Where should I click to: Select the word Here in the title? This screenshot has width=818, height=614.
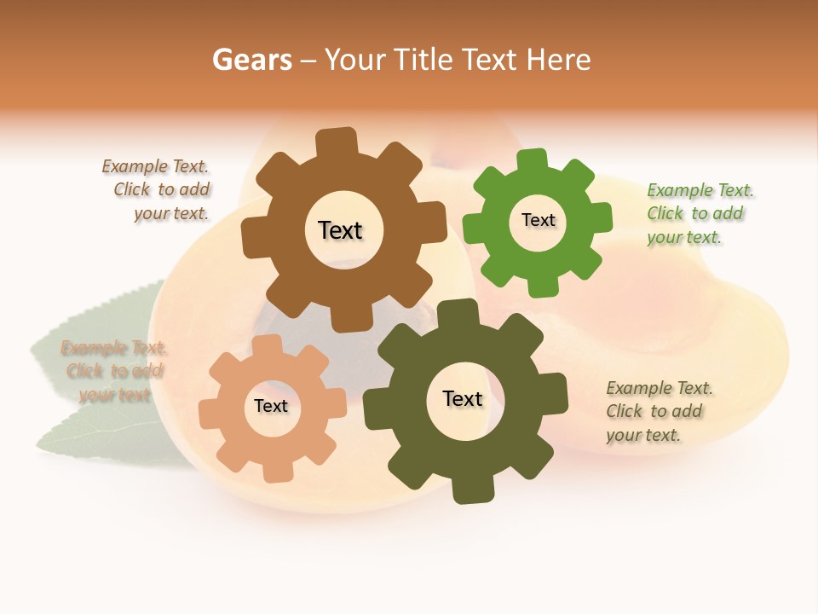558,60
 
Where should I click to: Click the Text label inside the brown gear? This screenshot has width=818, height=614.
340,230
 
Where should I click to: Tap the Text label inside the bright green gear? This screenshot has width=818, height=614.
538,220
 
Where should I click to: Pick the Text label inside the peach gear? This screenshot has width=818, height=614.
271,406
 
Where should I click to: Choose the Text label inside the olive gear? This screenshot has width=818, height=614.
463,398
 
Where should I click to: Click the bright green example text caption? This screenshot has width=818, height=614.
699,214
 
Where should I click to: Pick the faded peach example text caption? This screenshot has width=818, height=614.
113,371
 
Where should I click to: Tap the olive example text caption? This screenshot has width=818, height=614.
658,412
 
